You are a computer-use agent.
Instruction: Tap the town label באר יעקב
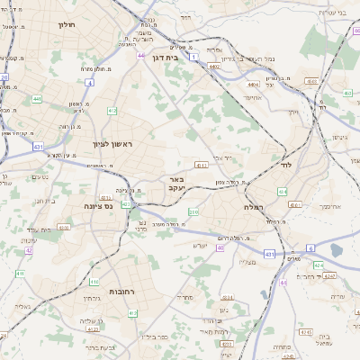(176, 184)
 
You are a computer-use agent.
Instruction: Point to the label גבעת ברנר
(100, 348)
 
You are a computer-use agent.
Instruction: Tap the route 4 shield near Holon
(90, 83)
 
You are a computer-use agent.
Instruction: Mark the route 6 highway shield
(310, 247)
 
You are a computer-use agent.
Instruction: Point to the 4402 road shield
(214, 66)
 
